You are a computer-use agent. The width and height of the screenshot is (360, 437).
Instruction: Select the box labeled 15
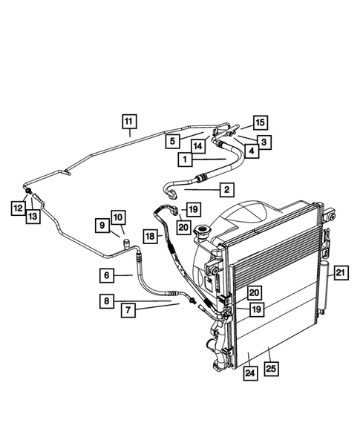(x=259, y=123)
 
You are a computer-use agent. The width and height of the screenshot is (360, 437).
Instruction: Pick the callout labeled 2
(x=226, y=190)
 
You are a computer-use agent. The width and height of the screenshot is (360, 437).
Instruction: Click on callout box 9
(x=102, y=223)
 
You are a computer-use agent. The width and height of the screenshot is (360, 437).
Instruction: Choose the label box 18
(x=150, y=236)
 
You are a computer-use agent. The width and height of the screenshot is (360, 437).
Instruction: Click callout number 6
(x=107, y=275)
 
